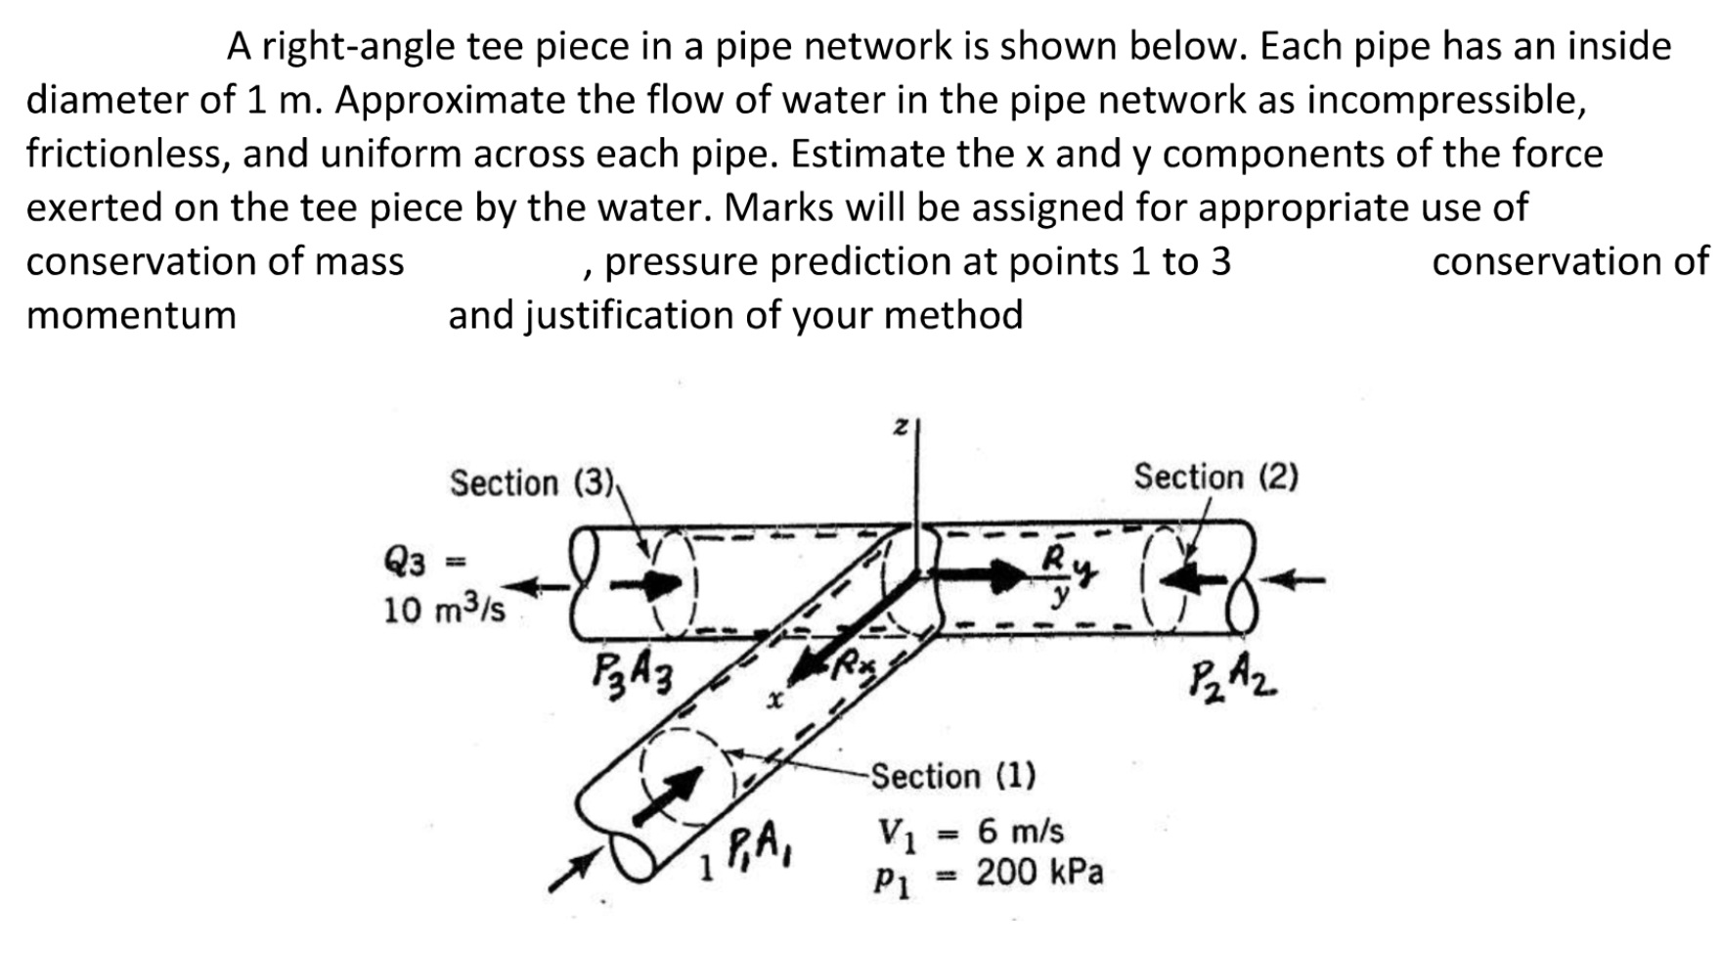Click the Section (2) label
(1215, 477)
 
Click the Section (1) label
(952, 776)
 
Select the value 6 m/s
(1020, 831)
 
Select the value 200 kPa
(1038, 872)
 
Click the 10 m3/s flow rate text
(444, 611)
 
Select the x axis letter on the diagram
(776, 701)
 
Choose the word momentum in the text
(131, 315)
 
